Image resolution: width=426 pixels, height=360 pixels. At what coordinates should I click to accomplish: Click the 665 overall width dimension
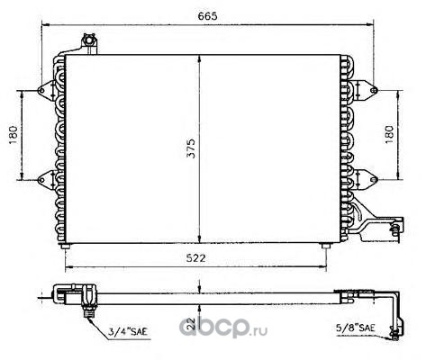207,16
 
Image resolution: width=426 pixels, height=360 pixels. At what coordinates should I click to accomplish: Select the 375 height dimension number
191,148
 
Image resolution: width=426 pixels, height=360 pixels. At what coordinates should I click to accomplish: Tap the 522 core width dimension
195,257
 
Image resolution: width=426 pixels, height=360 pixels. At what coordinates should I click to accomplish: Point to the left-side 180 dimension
14,135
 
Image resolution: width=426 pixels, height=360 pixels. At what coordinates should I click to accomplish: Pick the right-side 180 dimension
389,134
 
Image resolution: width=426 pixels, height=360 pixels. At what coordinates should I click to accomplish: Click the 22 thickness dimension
191,323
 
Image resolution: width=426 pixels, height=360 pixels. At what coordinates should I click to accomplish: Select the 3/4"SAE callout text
128,331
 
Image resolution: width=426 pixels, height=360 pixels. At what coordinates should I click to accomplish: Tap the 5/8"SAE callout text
355,328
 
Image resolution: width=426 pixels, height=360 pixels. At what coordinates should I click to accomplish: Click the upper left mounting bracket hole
41,90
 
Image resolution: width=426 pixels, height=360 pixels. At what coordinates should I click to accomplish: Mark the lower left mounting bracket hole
41,180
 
